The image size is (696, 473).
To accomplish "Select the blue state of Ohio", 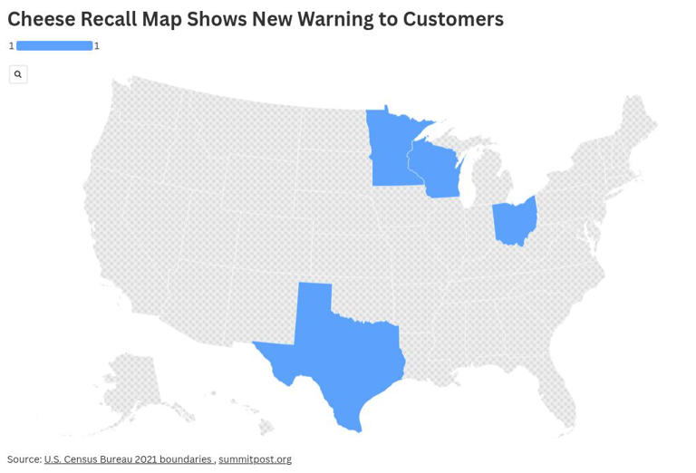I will pyautogui.click(x=514, y=223).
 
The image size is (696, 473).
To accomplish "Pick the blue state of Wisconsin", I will pyautogui.click(x=438, y=169).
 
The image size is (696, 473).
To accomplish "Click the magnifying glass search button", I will pyautogui.click(x=18, y=74).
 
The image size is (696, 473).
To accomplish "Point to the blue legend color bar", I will pyautogui.click(x=54, y=45).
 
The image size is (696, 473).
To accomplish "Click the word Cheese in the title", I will pyautogui.click(x=40, y=19).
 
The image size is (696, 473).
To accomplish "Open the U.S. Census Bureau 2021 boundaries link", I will pyautogui.click(x=128, y=459).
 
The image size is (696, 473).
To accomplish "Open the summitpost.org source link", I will pyautogui.click(x=255, y=459).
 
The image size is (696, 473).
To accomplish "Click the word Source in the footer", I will pyautogui.click(x=24, y=459).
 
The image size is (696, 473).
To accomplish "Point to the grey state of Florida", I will pyautogui.click(x=557, y=399).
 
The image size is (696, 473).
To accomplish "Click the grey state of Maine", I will pyautogui.click(x=638, y=122).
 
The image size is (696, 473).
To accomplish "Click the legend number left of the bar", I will pyautogui.click(x=12, y=45).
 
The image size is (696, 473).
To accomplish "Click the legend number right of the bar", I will pyautogui.click(x=97, y=45).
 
